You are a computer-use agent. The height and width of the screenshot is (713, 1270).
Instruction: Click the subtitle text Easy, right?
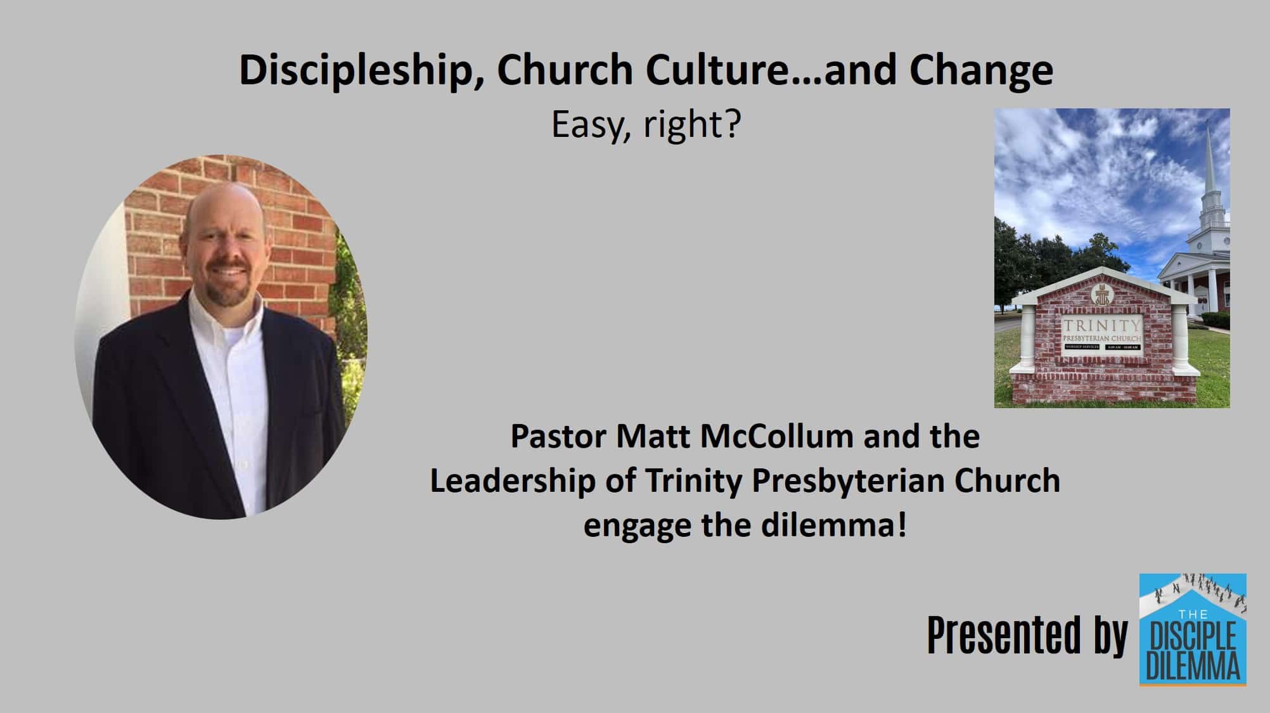(646, 124)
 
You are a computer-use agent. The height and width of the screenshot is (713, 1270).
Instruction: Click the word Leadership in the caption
(512, 481)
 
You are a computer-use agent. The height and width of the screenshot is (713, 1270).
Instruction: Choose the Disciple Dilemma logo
(1192, 629)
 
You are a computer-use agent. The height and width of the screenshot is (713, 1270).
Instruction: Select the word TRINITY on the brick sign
(1101, 326)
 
